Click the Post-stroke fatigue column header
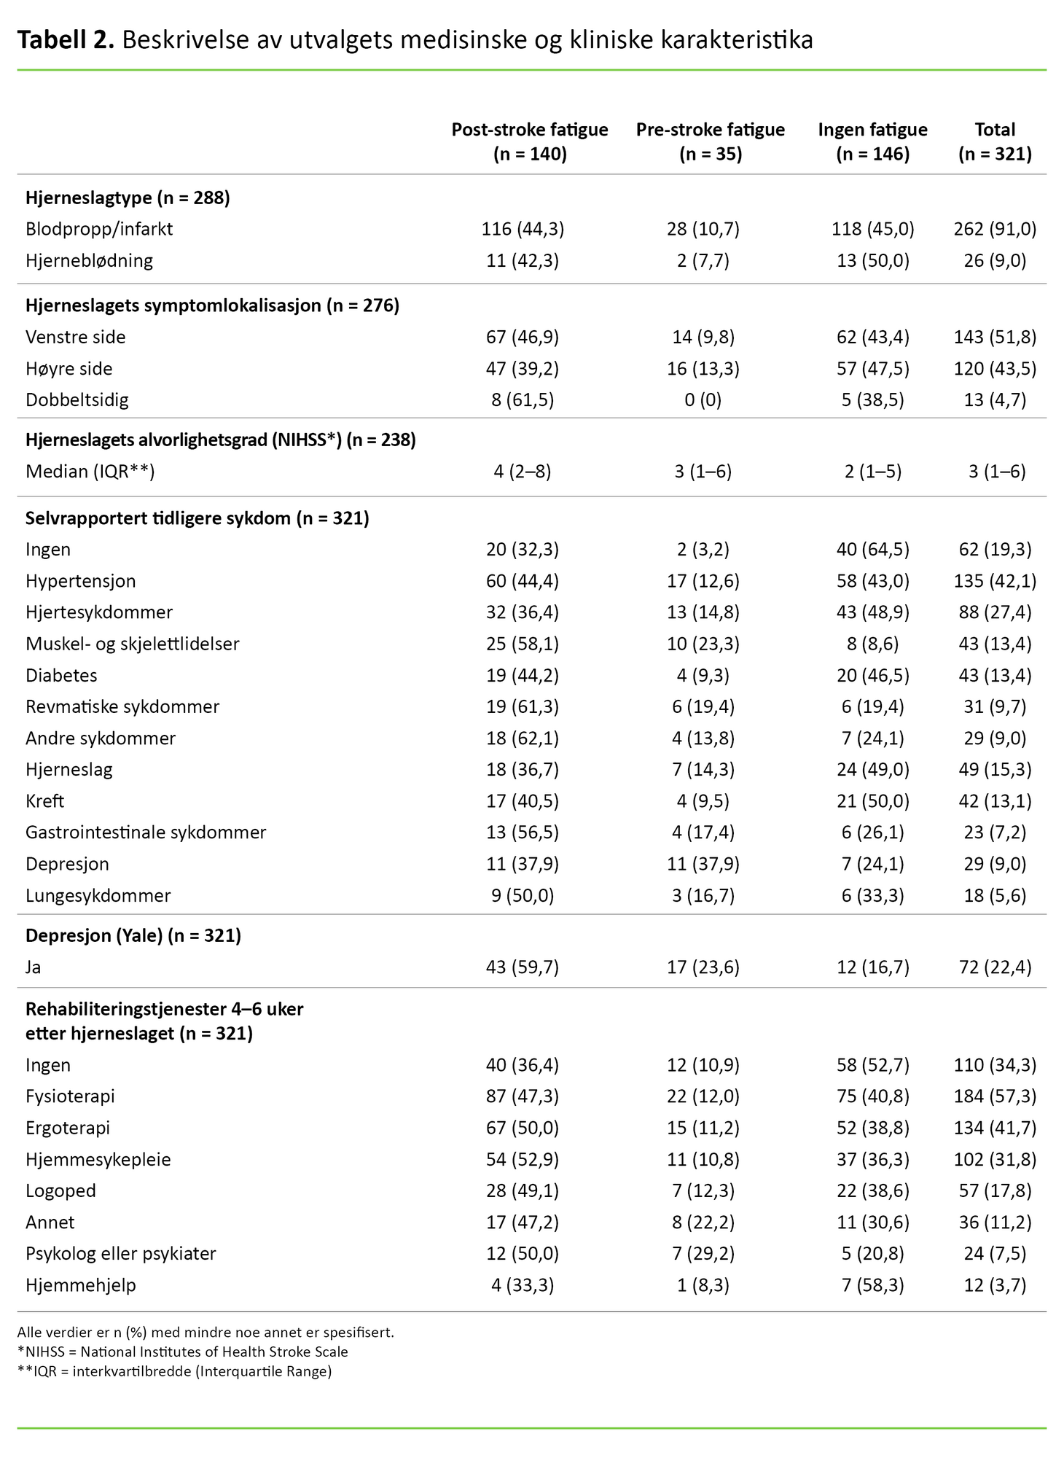(x=529, y=141)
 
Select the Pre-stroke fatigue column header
(x=710, y=141)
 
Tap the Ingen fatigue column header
(x=872, y=141)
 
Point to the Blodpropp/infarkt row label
(x=99, y=229)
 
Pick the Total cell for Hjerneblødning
(x=995, y=260)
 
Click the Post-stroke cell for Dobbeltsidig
(x=523, y=399)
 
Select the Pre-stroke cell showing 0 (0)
(x=703, y=399)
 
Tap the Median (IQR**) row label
(x=90, y=472)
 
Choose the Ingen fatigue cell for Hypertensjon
(x=872, y=581)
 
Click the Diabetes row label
(x=61, y=675)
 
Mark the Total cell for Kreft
(x=995, y=801)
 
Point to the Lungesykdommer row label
(x=98, y=895)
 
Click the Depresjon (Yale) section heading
(x=133, y=935)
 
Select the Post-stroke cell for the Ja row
(x=523, y=967)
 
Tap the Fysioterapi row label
(x=70, y=1096)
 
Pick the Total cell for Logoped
(x=995, y=1190)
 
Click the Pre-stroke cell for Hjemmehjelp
(x=703, y=1285)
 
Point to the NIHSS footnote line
(x=182, y=1352)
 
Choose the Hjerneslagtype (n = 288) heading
(x=128, y=198)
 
